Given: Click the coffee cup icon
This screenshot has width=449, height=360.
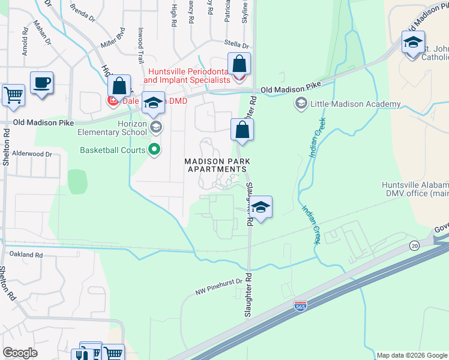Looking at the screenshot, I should [41, 83].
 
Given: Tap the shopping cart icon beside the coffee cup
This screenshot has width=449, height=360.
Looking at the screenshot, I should [13, 95].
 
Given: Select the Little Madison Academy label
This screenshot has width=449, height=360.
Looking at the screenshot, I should [355, 104].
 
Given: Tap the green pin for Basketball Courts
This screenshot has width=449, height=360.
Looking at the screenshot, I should [155, 149].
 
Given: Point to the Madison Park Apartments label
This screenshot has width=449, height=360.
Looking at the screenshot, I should [217, 165].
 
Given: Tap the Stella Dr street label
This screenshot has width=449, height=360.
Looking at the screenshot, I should [236, 44].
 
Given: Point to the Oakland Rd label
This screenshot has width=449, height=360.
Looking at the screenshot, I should [26, 255].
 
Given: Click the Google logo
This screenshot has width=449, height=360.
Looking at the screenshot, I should [20, 353].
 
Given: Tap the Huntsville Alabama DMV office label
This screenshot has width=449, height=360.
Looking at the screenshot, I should [414, 189].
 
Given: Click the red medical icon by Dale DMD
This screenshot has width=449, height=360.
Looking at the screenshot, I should [112, 101].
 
